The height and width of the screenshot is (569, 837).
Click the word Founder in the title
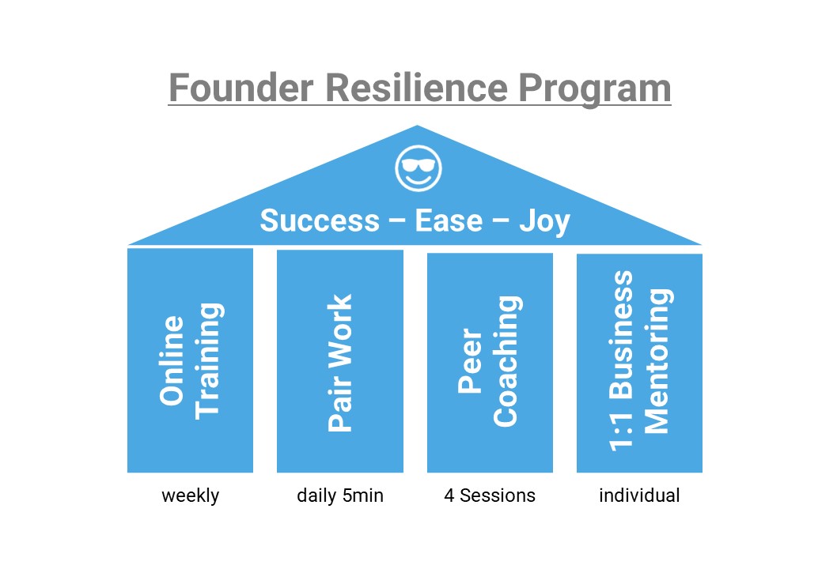[240, 88]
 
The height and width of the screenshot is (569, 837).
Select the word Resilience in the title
[416, 88]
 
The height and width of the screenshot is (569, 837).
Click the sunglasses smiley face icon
[418, 168]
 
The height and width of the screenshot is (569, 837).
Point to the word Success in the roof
[320, 220]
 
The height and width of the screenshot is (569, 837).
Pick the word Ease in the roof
[449, 220]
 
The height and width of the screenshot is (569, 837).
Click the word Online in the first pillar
[172, 360]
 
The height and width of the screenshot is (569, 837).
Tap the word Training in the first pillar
[209, 361]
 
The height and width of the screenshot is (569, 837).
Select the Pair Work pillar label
[340, 363]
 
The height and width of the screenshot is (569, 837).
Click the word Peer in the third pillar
[470, 360]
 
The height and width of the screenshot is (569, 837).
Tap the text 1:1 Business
[621, 361]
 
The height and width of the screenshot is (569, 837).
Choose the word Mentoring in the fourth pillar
[657, 361]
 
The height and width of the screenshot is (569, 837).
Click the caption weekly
[191, 496]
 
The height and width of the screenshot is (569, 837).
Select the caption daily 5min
[340, 496]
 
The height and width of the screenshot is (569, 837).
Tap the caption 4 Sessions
[490, 496]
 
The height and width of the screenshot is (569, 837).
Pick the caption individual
[639, 496]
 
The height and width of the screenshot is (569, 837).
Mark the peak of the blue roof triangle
[417, 126]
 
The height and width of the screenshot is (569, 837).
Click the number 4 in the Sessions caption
[449, 496]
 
